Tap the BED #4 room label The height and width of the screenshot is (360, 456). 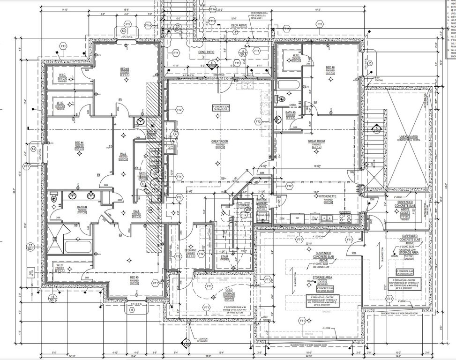pos(79,142)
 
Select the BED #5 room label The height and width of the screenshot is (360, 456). pos(134,277)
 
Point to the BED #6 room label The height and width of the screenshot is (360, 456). pos(330,67)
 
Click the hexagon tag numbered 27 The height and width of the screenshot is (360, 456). pos(176,134)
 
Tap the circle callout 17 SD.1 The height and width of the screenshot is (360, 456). pos(30,247)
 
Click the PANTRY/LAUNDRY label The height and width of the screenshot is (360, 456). pos(262,201)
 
